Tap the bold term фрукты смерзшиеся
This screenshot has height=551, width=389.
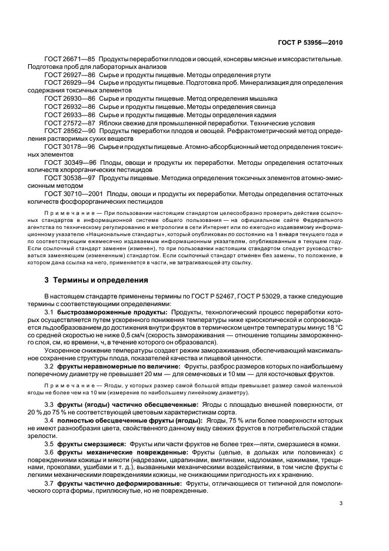click(92, 442)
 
